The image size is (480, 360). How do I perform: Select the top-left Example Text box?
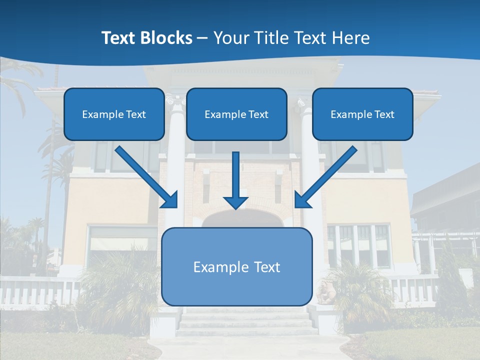pyautogui.click(x=114, y=114)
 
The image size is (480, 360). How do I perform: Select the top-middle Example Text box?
pyautogui.click(x=236, y=114)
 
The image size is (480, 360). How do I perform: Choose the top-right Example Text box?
pyautogui.click(x=362, y=114)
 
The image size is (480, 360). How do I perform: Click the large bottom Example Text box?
pyautogui.click(x=237, y=266)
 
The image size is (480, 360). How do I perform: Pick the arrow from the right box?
pyautogui.click(x=327, y=175)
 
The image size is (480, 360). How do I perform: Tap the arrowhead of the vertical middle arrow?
pyautogui.click(x=235, y=202)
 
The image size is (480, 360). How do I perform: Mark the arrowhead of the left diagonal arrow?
pyautogui.click(x=169, y=199)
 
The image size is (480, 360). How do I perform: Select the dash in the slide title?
pyautogui.click(x=202, y=38)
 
